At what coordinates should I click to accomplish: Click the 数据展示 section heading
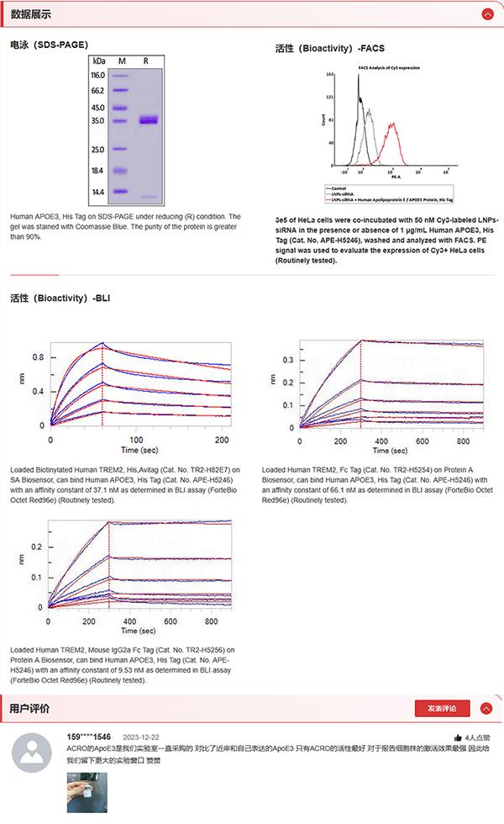[30, 14]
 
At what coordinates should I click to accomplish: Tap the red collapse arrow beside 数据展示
[486, 14]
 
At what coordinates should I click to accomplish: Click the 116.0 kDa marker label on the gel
[97, 76]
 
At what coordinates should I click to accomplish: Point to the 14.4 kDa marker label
[97, 193]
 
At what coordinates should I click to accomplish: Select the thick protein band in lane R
[149, 120]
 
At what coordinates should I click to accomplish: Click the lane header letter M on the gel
[122, 61]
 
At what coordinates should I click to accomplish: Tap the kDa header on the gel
[99, 61]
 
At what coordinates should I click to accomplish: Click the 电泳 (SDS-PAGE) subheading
[49, 44]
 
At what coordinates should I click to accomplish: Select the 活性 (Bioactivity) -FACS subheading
[329, 49]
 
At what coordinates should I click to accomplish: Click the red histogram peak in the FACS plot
[391, 126]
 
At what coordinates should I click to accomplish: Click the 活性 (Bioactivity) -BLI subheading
[60, 298]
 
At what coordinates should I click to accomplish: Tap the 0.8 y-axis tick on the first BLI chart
[38, 357]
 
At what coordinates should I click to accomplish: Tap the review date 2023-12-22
[140, 737]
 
